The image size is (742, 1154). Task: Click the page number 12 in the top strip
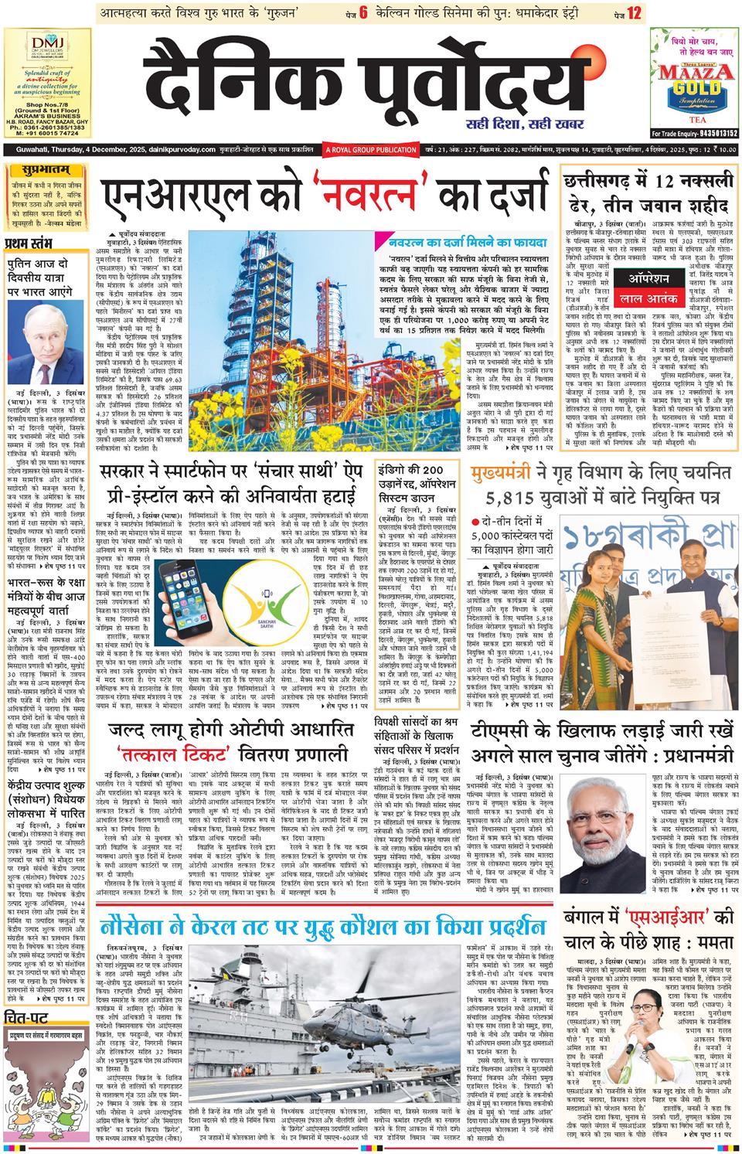[x=635, y=13]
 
